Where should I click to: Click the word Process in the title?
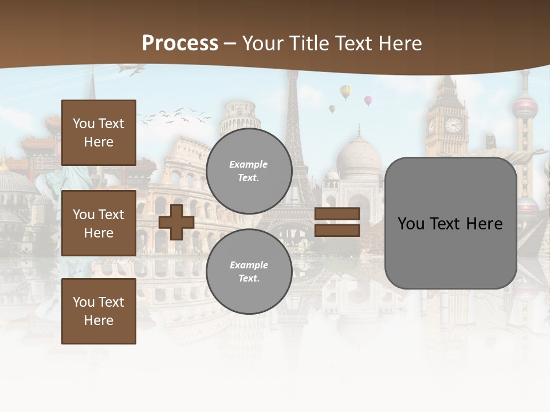(x=180, y=43)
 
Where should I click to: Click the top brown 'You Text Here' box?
(x=99, y=133)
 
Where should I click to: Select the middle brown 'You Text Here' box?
(x=99, y=223)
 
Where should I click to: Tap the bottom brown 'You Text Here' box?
(x=99, y=311)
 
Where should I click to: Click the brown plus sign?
(x=176, y=222)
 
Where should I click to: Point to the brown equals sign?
(x=337, y=222)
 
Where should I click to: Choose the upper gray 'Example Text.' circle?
(x=249, y=171)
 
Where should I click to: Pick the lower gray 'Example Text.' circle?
(x=249, y=272)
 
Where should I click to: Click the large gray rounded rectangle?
(x=450, y=223)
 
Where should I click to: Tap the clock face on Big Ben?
(x=453, y=125)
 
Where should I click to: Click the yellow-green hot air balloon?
(x=345, y=92)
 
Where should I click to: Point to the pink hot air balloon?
(x=368, y=101)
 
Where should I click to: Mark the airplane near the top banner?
(x=131, y=69)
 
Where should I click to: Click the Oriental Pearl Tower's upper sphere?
(x=525, y=107)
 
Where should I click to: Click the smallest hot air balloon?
(x=332, y=109)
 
